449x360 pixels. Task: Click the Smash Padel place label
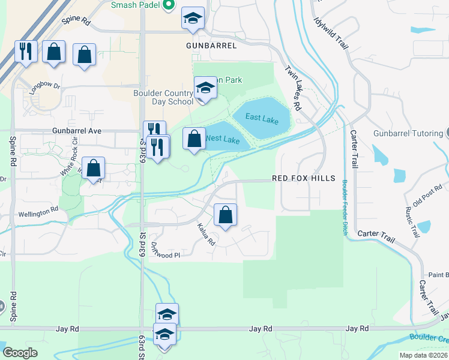pos(136,5)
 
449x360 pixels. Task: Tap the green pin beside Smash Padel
pos(169,5)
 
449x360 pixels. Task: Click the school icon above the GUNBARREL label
pos(193,19)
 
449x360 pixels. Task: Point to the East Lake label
pos(262,120)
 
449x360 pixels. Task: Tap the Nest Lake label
pos(223,139)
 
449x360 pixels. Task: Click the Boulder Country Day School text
pos(163,97)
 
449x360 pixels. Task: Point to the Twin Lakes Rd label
pos(292,88)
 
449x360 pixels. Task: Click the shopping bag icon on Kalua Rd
pos(225,215)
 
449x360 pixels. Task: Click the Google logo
pos(20,352)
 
